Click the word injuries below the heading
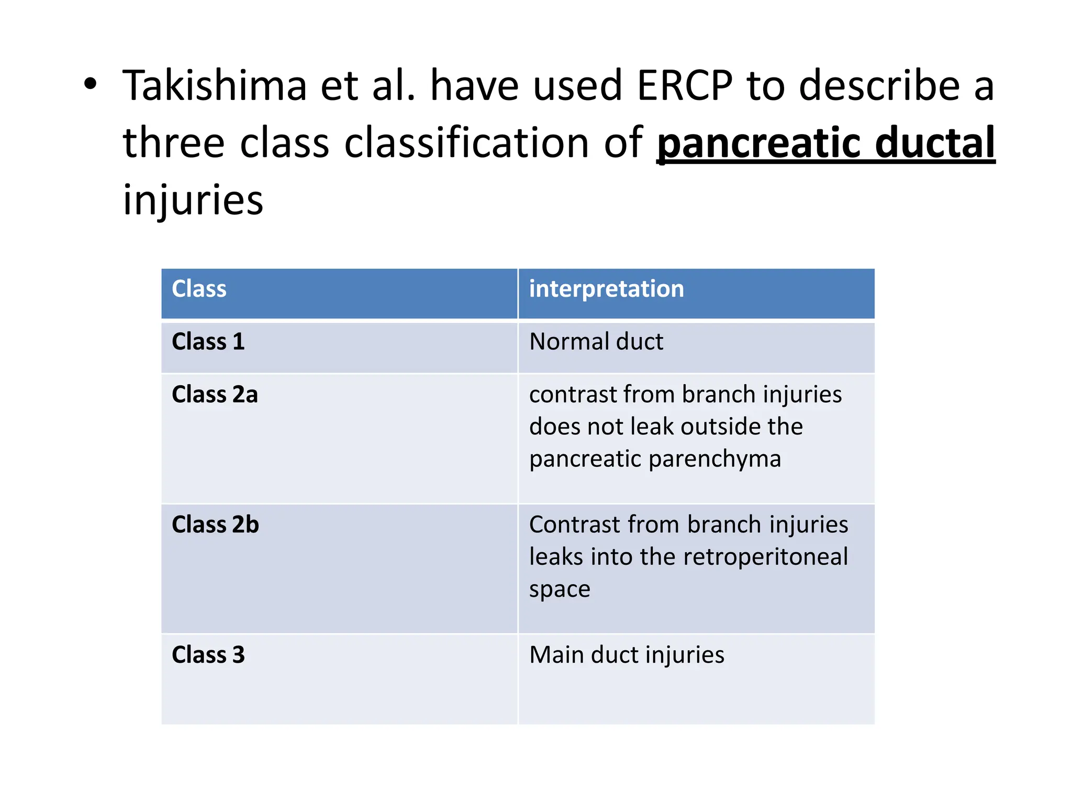pos(193,200)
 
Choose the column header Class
pos(199,289)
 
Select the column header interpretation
pos(606,289)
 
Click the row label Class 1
pos(208,342)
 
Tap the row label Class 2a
pos(215,395)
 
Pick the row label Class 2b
pos(215,525)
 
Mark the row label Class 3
pos(208,655)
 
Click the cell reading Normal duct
pos(596,342)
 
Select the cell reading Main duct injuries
pos(627,655)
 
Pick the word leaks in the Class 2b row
pos(556,557)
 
